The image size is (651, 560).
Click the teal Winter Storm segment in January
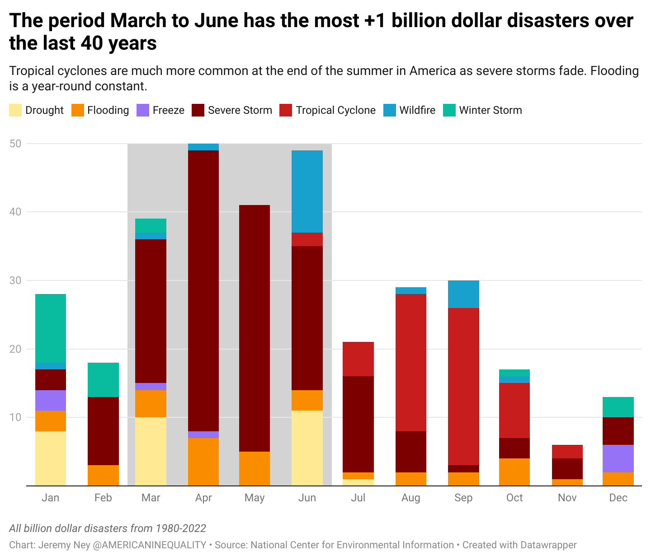click(51, 328)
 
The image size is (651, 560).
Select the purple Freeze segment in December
click(618, 458)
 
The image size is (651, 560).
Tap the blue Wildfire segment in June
click(307, 191)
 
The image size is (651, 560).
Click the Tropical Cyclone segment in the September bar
click(463, 386)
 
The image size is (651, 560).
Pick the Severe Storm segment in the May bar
click(255, 328)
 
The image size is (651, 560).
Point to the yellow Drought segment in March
click(151, 451)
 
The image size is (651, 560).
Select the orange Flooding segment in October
click(514, 472)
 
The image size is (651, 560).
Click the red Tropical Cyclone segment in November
click(567, 452)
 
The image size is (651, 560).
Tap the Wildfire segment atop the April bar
click(203, 147)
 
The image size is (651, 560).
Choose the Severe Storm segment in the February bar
click(103, 431)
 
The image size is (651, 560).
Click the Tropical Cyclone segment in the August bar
click(410, 362)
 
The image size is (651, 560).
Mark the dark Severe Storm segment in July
click(358, 424)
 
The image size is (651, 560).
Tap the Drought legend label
click(44, 110)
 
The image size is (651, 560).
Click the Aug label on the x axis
click(410, 498)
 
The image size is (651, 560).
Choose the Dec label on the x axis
click(618, 498)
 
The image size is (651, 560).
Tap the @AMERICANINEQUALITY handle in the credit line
click(149, 545)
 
